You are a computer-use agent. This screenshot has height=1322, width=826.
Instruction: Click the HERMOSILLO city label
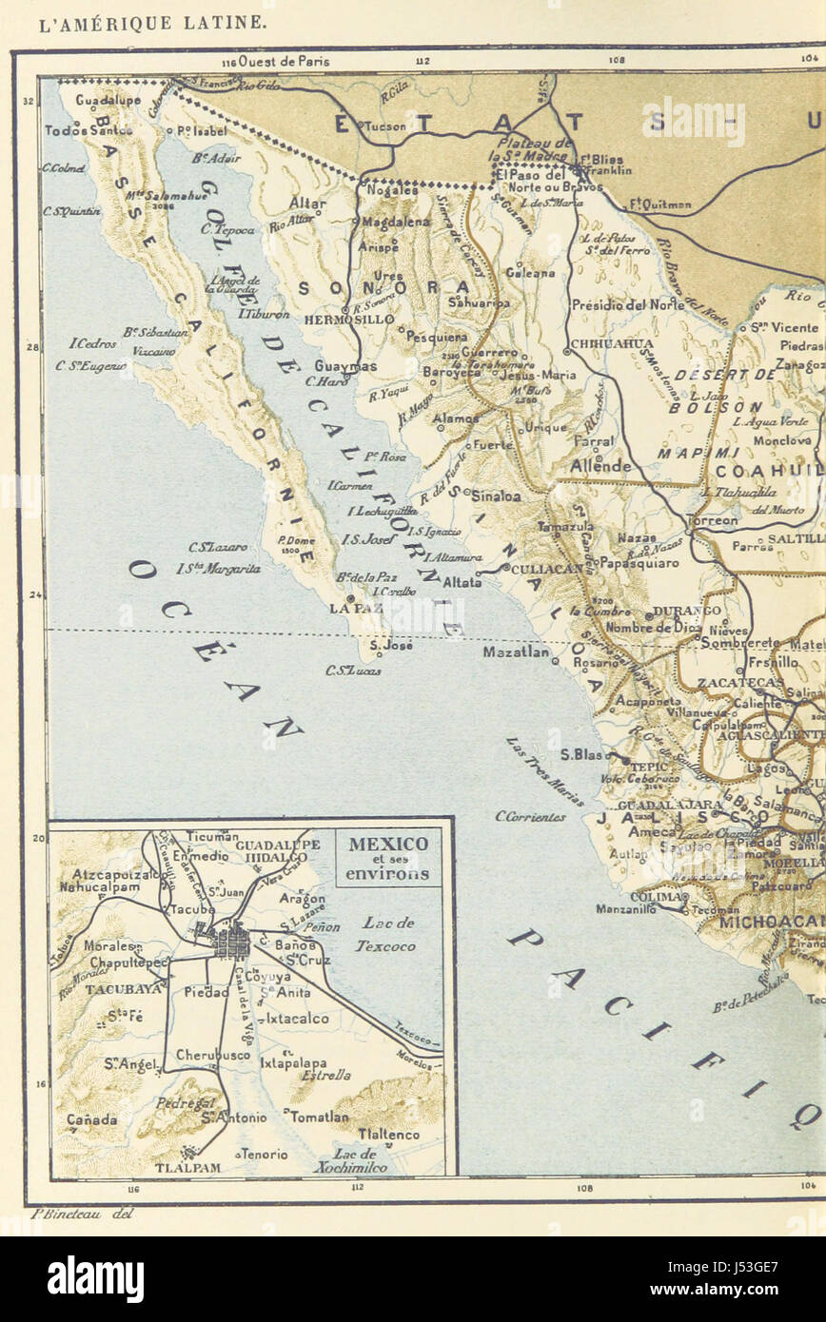335,321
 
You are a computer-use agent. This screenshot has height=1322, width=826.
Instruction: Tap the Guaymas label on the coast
345,366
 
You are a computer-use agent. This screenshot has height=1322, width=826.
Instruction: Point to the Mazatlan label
516,652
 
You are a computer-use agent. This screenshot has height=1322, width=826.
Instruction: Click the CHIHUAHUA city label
611,343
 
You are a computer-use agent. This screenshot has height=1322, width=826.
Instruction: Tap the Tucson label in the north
384,125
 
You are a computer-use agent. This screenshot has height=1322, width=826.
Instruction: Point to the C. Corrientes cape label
530,816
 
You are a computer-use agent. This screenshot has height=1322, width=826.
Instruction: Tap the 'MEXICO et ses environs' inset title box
388,858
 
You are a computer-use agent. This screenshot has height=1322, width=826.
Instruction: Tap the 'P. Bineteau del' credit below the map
82,1213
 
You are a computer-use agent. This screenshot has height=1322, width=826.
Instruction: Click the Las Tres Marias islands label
543,771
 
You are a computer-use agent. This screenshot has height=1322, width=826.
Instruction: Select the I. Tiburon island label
264,313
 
